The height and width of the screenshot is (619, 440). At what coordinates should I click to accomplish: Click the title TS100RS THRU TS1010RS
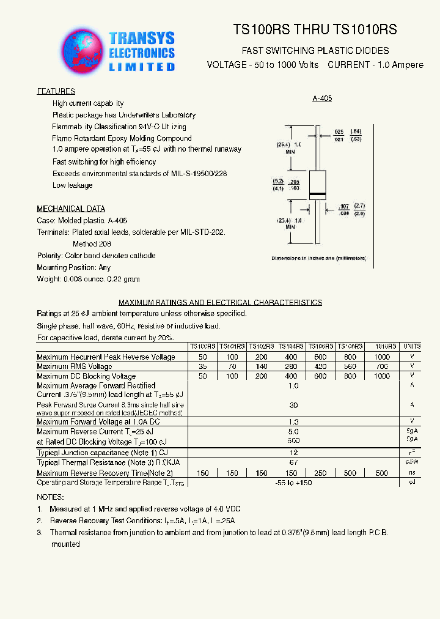point(315,29)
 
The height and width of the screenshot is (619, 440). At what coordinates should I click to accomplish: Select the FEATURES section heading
point(56,91)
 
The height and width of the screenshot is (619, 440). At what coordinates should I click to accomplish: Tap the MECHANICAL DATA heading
point(71,209)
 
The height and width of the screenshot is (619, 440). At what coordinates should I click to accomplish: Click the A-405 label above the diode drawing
point(321,98)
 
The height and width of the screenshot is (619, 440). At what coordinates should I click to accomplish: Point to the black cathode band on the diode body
point(317,195)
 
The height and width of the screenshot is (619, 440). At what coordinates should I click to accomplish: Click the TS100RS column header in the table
point(202,346)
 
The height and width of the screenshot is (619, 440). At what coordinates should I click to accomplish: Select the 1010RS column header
point(382,346)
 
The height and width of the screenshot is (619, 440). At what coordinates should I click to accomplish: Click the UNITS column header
point(412,346)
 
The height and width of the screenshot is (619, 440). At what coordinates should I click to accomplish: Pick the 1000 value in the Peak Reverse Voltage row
point(381,357)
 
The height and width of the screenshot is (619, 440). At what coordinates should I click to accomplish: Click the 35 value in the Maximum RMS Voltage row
point(202,366)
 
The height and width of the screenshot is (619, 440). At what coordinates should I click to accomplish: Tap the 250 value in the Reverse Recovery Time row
point(321,473)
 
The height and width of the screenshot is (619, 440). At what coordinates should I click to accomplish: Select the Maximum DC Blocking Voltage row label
point(86,376)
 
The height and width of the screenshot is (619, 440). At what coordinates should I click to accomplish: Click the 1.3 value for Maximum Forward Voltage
point(293,421)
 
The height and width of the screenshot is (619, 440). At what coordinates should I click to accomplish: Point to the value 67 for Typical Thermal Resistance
point(293,462)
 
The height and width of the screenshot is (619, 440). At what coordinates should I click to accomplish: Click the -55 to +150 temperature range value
point(293,483)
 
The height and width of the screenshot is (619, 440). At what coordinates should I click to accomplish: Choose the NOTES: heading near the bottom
point(50,497)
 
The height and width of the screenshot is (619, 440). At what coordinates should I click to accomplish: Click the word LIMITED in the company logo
point(142,67)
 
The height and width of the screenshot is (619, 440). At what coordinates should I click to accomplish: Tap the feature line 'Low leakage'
point(73,185)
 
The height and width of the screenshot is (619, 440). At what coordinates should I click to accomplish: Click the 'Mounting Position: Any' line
point(74,267)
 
